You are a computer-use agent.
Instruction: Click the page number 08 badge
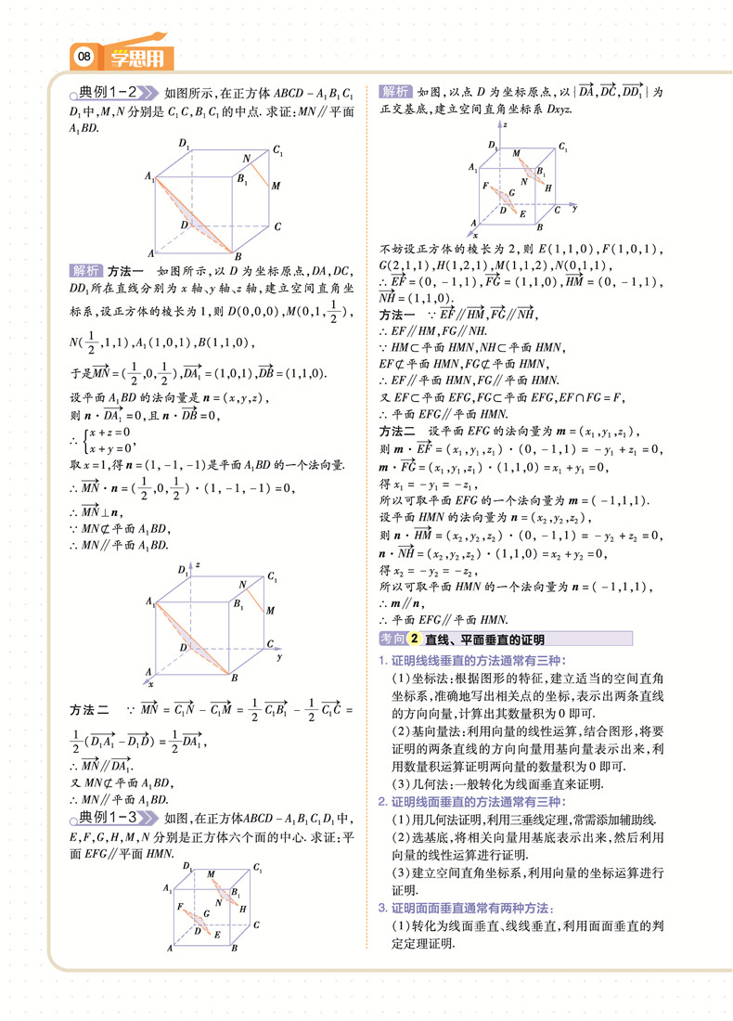click(84, 58)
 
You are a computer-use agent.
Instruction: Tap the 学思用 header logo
click(136, 58)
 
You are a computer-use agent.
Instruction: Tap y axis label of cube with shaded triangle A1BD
click(278, 656)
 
